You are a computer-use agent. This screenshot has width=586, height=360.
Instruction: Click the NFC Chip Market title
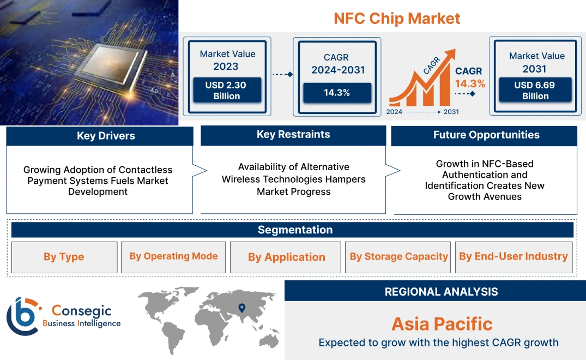coord(397,19)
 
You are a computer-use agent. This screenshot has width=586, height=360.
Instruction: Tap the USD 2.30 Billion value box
coord(226,90)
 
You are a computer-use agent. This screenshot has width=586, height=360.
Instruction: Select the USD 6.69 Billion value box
coord(535,90)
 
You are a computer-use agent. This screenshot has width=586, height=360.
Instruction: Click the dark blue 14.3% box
coord(337,93)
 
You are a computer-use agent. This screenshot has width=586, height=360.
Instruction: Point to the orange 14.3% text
coord(470,84)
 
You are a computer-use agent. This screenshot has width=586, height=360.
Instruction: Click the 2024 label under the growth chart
coord(394,112)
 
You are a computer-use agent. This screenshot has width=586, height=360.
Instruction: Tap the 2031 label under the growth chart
coord(451,112)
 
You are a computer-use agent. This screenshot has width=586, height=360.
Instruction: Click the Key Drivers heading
coord(106,136)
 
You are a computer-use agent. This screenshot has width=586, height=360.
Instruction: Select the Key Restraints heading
coord(293,134)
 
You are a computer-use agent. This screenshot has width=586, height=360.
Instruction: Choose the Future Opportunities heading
coord(486,135)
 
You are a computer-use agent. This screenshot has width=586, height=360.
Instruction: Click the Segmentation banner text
coord(295,230)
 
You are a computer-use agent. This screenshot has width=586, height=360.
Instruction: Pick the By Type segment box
coord(64,257)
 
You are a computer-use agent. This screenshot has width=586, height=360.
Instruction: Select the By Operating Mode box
coord(173,257)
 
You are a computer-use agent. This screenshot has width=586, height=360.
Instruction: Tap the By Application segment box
coord(286,257)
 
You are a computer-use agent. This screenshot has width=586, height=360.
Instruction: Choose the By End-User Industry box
coord(514,257)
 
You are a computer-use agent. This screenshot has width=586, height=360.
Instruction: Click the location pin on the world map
coord(242,308)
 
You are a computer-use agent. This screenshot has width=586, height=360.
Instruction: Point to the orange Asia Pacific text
coord(442,324)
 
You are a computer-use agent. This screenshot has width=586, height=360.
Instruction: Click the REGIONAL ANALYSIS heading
coord(442,292)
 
